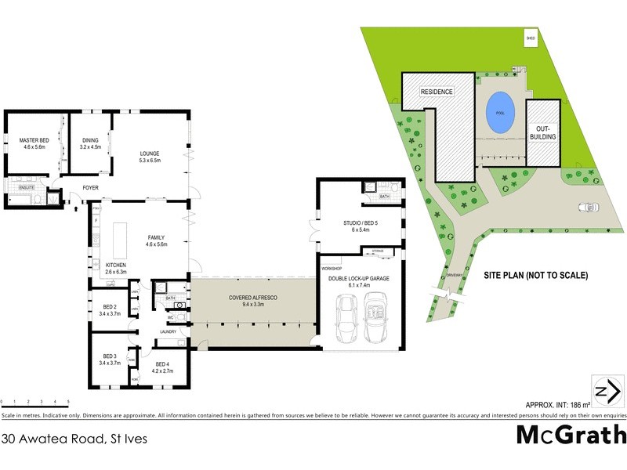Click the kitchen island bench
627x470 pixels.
pyautogui.click(x=121, y=241)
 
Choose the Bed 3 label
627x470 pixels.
pyautogui.click(x=110, y=360)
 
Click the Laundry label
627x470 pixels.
pyautogui.click(x=169, y=332)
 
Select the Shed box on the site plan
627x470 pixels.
pyautogui.click(x=531, y=37)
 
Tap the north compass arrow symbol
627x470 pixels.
pyautogui.click(x=603, y=391)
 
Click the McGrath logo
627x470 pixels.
pyautogui.click(x=571, y=434)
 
